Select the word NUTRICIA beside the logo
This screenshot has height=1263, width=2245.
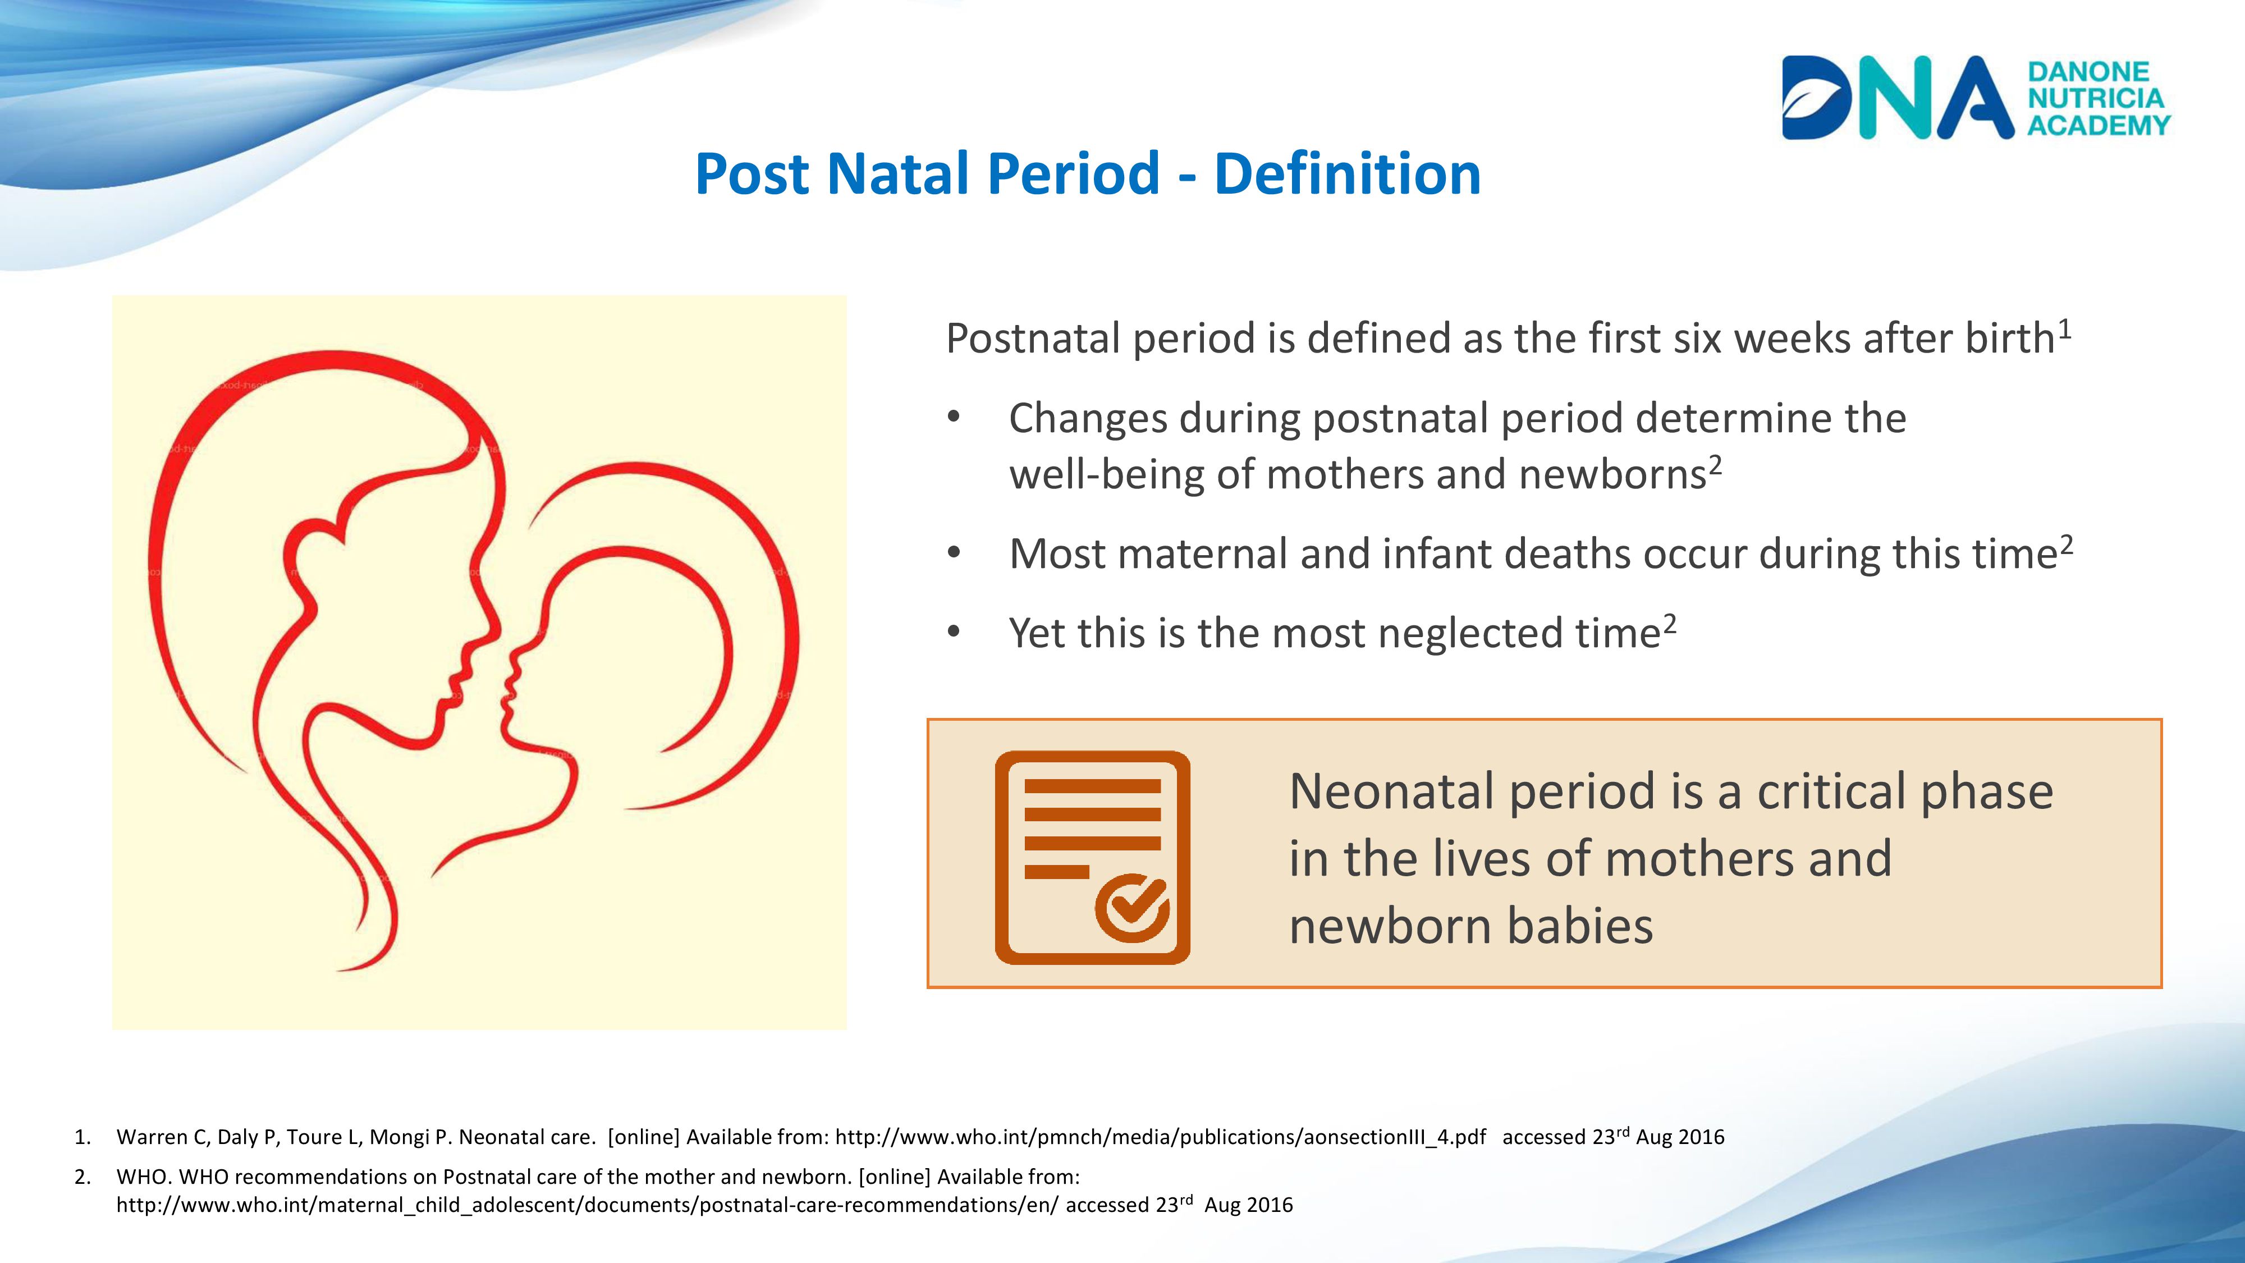2096,98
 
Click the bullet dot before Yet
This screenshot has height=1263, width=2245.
954,632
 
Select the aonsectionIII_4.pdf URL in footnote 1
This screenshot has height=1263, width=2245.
1161,1137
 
